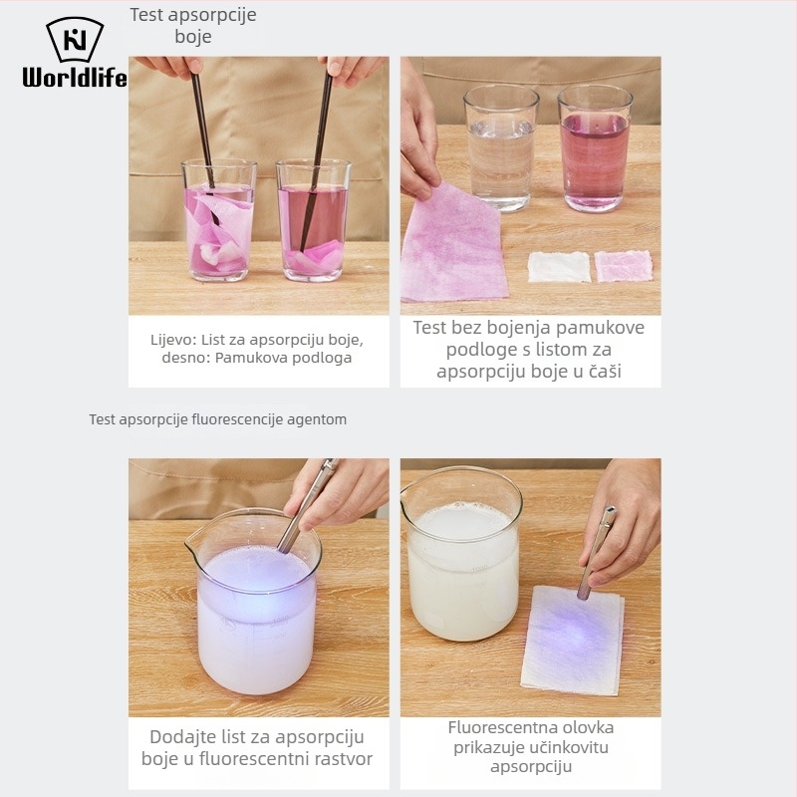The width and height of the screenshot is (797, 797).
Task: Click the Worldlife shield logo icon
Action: coord(75,40)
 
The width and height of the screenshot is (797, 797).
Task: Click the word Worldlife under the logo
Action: coord(75,78)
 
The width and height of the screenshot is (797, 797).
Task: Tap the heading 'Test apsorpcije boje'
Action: coord(193,26)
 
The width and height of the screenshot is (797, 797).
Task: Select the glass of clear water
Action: coord(501,147)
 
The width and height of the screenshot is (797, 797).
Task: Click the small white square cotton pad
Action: coord(559,266)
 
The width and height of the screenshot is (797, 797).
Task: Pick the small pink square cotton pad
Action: coord(624,266)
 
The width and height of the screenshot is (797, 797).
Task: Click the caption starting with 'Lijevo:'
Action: coord(257,349)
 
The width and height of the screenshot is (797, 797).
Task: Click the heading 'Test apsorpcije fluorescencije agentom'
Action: coord(218,419)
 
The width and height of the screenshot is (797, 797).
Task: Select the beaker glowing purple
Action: coord(254,602)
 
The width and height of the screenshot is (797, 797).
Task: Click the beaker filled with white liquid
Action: coord(461,554)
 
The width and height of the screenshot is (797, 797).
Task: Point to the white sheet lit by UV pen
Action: coord(573,640)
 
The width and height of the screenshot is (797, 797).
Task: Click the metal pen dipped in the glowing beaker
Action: coord(307,506)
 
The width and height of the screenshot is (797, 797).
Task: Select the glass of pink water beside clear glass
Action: coord(595,147)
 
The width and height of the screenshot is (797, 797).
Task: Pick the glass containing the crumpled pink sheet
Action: coord(219,220)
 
